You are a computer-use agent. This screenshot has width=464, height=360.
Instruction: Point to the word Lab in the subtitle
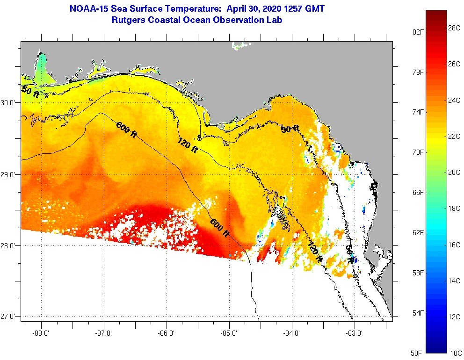(275, 20)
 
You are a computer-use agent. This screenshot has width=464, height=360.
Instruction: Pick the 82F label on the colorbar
(418, 32)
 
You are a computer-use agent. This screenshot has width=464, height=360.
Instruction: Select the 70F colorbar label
(418, 152)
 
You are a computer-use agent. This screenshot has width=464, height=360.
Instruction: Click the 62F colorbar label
(418, 232)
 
